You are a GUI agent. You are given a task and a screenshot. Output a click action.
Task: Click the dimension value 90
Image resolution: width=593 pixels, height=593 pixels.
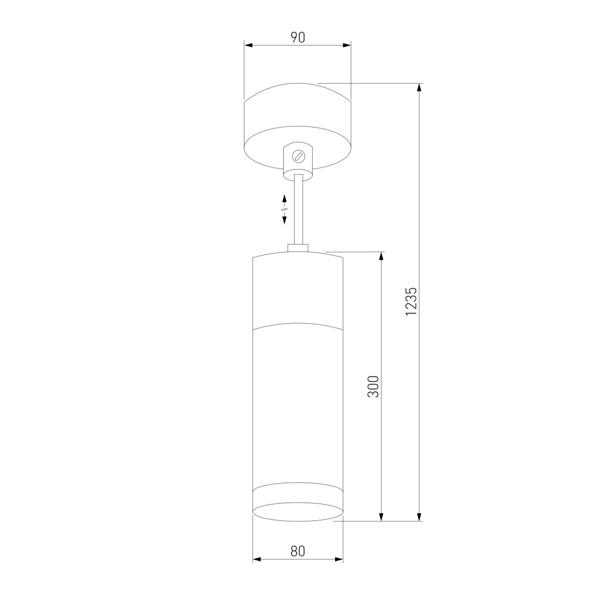[297, 37]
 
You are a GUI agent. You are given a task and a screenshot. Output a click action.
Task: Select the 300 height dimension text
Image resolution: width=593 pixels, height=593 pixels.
[373, 386]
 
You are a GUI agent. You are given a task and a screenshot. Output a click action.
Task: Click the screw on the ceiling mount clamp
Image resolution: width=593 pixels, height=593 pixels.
[297, 156]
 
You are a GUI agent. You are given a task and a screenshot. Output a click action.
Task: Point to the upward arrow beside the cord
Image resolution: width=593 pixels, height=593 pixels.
[285, 200]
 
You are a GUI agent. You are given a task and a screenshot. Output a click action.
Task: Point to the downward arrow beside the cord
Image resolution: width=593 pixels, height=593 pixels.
[285, 219]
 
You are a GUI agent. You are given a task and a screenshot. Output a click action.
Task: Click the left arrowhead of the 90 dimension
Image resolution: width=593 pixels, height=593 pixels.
[248, 45]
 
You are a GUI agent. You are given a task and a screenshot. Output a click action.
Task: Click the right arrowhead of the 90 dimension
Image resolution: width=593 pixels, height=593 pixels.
[347, 45]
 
